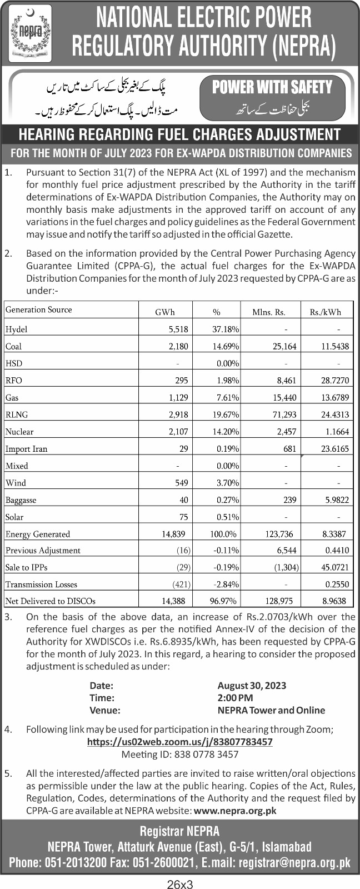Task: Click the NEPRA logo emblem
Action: click(30, 33)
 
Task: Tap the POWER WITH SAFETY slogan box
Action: click(272, 99)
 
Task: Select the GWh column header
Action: click(165, 312)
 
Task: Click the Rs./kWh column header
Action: click(326, 312)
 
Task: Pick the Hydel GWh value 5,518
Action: click(178, 329)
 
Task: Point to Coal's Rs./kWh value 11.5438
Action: click(335, 346)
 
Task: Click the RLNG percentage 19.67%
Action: click(226, 414)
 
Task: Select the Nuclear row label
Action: click(19, 431)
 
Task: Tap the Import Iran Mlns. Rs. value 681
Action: click(290, 448)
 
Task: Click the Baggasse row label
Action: click(21, 500)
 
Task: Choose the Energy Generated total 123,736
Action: click(279, 534)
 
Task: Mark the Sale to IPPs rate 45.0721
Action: click(335, 567)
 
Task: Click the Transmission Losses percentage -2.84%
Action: click(226, 584)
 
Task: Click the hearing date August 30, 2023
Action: click(252, 686)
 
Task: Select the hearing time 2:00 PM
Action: click(235, 698)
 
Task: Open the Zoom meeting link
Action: click(180, 742)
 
